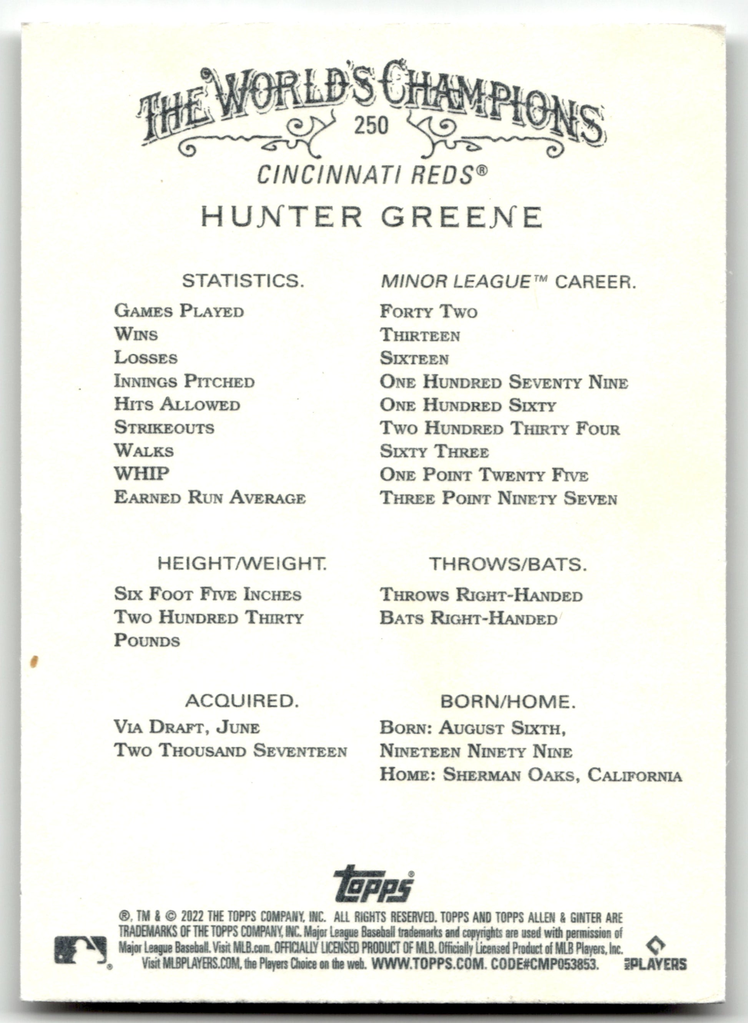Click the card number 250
click(371, 125)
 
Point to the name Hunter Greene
click(371, 216)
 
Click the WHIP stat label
click(142, 474)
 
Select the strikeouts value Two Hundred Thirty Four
click(499, 428)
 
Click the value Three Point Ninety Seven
click(498, 498)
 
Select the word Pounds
click(147, 640)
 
